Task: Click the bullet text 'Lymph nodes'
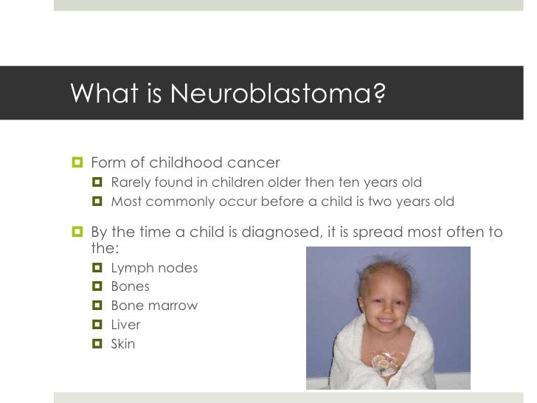coord(154,268)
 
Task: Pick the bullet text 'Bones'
coord(130,286)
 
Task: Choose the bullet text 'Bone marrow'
coord(154,306)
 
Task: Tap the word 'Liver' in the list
coord(125,325)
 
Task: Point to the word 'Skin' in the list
coord(123,343)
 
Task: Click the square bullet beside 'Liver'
coord(97,325)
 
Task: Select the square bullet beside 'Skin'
coord(97,344)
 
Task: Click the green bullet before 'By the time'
coord(77,232)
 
